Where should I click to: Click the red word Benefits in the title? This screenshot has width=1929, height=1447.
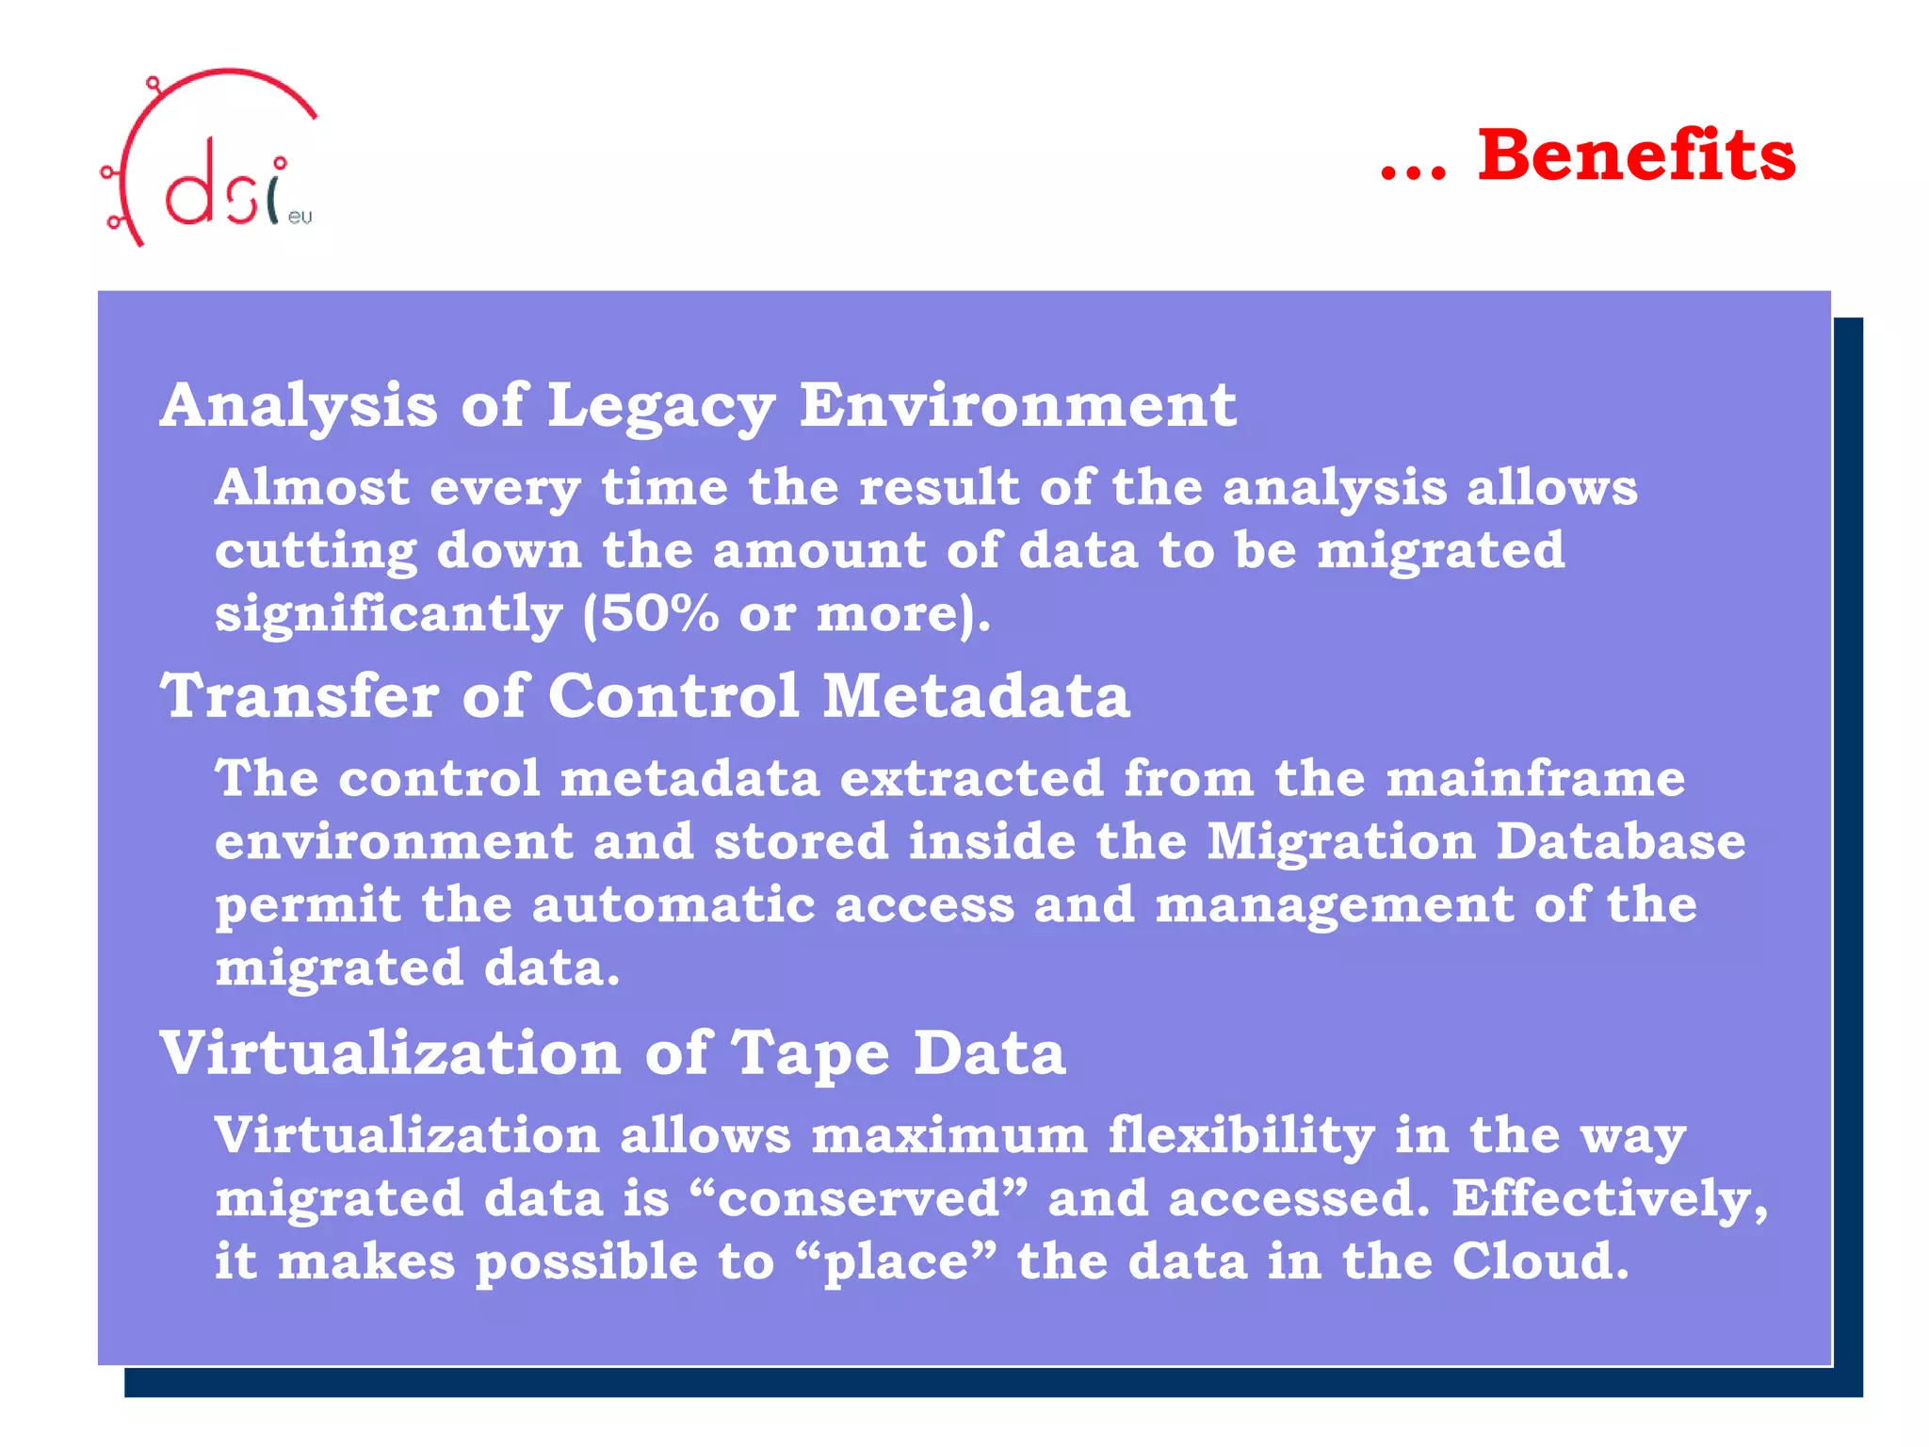[x=1636, y=155]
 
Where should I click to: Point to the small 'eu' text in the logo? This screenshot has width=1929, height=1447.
[x=300, y=218]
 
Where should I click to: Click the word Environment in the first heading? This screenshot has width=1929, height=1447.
[x=1017, y=406]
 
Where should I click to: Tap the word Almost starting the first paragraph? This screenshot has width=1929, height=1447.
[x=312, y=488]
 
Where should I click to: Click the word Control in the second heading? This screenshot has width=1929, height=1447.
[x=673, y=696]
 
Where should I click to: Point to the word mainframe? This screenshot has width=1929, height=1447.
[x=1535, y=779]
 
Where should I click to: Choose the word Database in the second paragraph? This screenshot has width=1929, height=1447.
[x=1620, y=841]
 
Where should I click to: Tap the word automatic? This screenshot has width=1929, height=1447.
[x=673, y=905]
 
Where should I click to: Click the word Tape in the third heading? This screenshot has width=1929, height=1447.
[x=810, y=1053]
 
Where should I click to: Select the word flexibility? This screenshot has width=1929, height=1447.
[x=1240, y=1136]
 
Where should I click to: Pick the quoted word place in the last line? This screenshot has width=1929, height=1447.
[x=895, y=1263]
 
